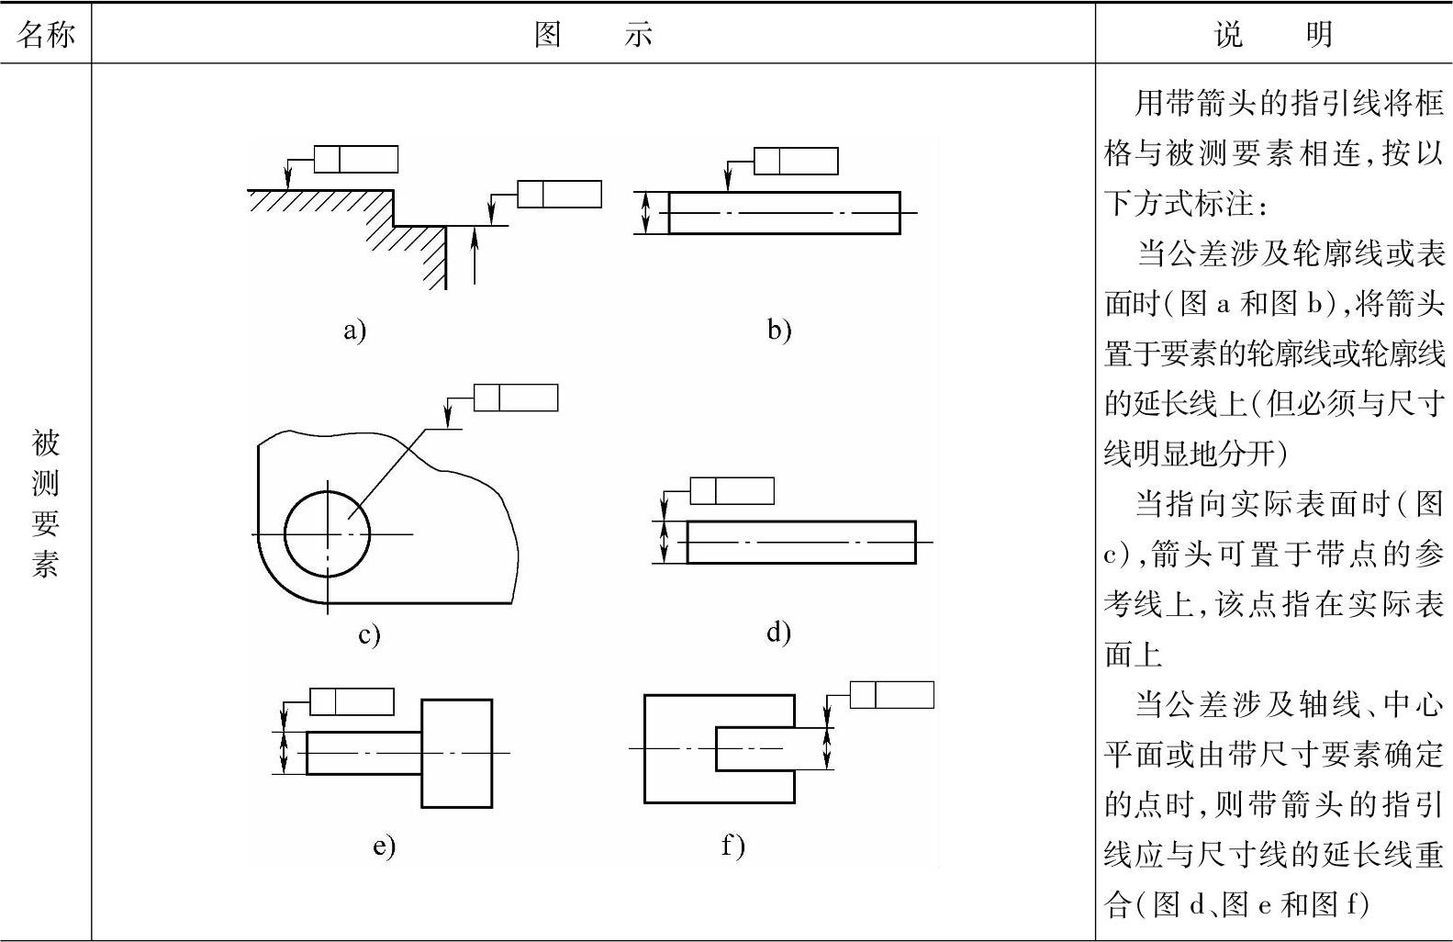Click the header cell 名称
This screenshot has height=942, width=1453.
[x=45, y=34]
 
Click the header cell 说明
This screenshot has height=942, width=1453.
[x=1273, y=34]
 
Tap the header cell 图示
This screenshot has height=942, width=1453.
[x=593, y=34]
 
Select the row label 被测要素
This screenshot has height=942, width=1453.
[x=45, y=502]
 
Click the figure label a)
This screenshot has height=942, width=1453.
[x=354, y=330]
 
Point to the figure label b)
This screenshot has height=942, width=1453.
[x=778, y=330]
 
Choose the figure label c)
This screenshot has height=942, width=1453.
[x=368, y=634]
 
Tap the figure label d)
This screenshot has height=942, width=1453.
[x=777, y=632]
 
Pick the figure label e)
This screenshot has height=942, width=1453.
[x=384, y=846]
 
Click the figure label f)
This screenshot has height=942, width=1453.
[x=732, y=845]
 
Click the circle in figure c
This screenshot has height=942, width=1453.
[x=328, y=533]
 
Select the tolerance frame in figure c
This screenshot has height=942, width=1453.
[x=515, y=398]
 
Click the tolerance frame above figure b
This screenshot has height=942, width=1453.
[x=795, y=161]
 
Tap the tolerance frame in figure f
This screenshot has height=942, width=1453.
[x=891, y=694]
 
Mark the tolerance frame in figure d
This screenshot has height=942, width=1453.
[x=732, y=491]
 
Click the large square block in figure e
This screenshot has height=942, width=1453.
[x=456, y=753]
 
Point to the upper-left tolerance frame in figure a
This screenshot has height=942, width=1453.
[x=356, y=159]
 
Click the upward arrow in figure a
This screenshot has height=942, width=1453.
[x=475, y=257]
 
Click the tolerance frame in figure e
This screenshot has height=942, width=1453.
[x=352, y=701]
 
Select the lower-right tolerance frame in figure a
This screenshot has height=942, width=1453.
[x=559, y=195]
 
